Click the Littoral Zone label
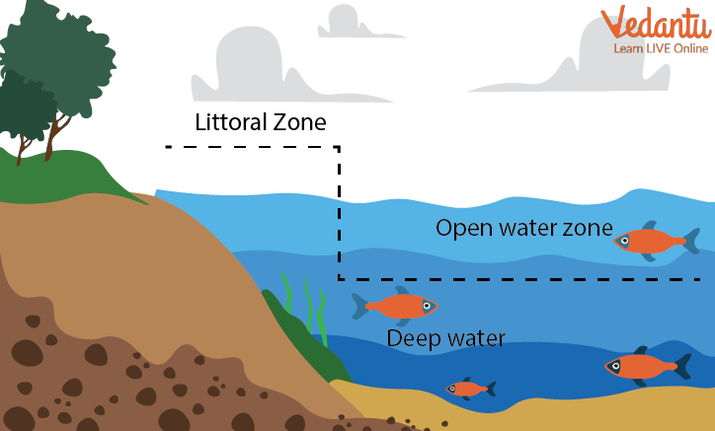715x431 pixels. (260, 125)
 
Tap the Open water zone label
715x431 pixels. (523, 229)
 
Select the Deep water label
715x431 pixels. (445, 338)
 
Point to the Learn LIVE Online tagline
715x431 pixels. (660, 48)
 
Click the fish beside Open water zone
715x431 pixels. (655, 240)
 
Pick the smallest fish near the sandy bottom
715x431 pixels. (469, 389)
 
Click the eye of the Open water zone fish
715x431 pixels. (625, 240)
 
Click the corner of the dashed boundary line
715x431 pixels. (339, 148)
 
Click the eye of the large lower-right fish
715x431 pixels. (615, 367)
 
